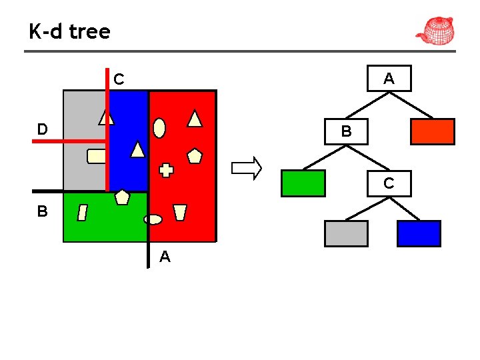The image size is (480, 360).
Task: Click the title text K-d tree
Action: click(x=69, y=31)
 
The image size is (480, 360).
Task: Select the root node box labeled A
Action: click(x=389, y=79)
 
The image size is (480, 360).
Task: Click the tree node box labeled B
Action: click(x=346, y=131)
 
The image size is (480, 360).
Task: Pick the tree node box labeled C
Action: click(x=388, y=183)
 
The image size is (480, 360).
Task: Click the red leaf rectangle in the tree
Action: click(x=432, y=131)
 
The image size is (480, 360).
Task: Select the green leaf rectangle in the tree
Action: click(x=303, y=183)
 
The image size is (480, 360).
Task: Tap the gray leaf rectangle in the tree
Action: click(x=346, y=233)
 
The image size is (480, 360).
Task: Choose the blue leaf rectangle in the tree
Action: click(x=419, y=233)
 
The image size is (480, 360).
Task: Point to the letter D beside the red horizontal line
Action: click(x=42, y=129)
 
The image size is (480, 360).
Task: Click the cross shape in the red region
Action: click(x=166, y=170)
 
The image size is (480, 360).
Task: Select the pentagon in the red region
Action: click(x=194, y=156)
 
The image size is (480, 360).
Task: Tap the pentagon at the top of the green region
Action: click(x=122, y=197)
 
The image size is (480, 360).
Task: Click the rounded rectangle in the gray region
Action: click(x=97, y=156)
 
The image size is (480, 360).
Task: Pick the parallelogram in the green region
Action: click(x=83, y=213)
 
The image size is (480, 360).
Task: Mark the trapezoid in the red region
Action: click(x=179, y=213)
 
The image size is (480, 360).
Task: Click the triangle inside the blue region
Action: click(x=137, y=149)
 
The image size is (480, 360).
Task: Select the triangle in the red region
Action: click(x=195, y=119)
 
